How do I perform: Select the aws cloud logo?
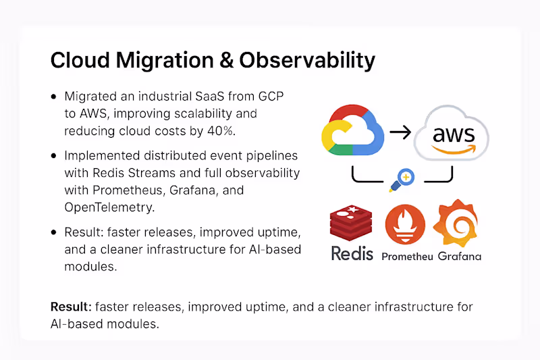point(448,133)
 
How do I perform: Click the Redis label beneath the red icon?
point(352,255)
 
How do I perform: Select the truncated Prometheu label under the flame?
point(406,257)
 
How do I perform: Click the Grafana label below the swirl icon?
point(459,256)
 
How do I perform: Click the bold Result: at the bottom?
point(71,307)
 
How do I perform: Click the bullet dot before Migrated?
point(55,97)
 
